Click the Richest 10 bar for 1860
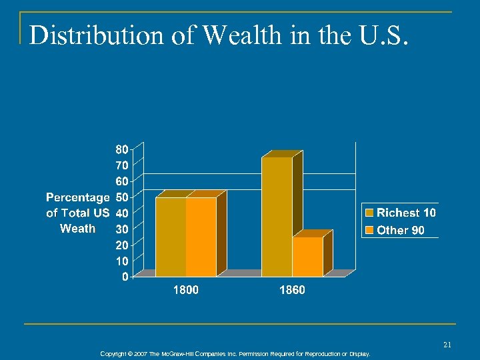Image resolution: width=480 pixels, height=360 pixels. (277, 217)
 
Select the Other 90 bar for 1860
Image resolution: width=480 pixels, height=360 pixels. (307, 257)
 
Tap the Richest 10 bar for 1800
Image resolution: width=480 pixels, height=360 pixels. (171, 237)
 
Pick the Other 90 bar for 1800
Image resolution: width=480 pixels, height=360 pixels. (201, 237)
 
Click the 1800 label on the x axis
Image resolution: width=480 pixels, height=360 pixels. (185, 290)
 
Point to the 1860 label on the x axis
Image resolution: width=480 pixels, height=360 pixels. (292, 290)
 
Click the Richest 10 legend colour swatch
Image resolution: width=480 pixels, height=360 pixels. (369, 213)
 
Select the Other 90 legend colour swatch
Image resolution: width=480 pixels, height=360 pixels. (369, 231)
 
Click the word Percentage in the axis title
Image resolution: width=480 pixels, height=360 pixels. (77, 197)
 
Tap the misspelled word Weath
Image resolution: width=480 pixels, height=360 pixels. (77, 229)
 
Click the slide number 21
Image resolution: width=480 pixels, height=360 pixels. (447, 344)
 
